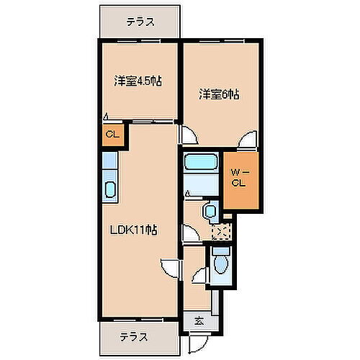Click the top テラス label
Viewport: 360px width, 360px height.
(140, 22)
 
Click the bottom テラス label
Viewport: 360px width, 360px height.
(134, 336)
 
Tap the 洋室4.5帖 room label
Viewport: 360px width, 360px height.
(137, 81)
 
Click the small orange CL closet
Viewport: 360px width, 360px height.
(113, 134)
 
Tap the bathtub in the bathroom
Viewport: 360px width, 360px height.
(201, 161)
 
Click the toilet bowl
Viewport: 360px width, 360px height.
(222, 260)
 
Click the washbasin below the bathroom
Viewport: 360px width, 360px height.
(209, 211)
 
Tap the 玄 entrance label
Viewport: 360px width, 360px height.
(198, 321)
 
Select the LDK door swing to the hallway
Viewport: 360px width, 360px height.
(168, 268)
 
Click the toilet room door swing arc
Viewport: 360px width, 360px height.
(201, 276)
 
